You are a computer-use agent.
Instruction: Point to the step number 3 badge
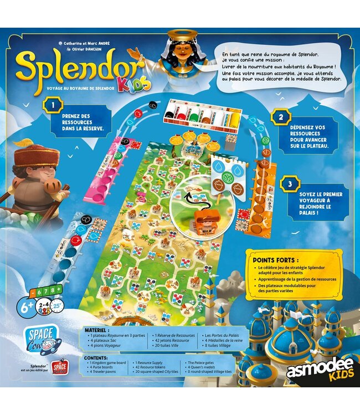click(287, 183)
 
